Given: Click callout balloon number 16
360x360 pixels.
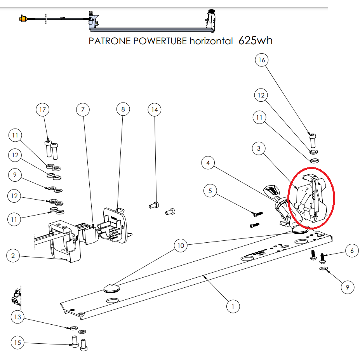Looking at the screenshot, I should [x=262, y=60].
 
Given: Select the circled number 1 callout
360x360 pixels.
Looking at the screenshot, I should [x=233, y=306].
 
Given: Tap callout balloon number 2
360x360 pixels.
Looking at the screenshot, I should [x=13, y=256].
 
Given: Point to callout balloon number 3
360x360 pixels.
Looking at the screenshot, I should [x=259, y=148].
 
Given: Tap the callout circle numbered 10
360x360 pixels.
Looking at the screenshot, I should [x=181, y=245].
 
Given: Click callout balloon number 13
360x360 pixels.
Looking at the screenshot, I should [x=18, y=317].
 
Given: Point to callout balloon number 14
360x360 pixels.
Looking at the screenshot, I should [x=155, y=110].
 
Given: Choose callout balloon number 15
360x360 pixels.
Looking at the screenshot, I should [x=18, y=343].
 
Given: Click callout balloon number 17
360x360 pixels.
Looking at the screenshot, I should [x=43, y=110].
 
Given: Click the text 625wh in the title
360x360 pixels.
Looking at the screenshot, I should [x=255, y=40].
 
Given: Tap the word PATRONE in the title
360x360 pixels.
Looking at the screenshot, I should [x=110, y=41].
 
